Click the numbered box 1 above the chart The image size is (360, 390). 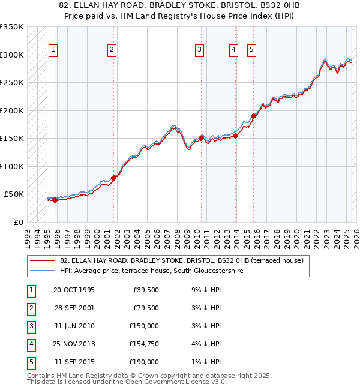coord(53,50)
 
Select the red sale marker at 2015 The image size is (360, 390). coord(254,116)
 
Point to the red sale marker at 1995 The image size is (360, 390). coord(55,200)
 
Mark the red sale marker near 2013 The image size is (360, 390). coord(236,136)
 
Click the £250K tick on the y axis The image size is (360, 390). coord(12,83)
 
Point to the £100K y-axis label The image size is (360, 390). coord(12,166)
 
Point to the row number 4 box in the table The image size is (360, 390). coord(30,344)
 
